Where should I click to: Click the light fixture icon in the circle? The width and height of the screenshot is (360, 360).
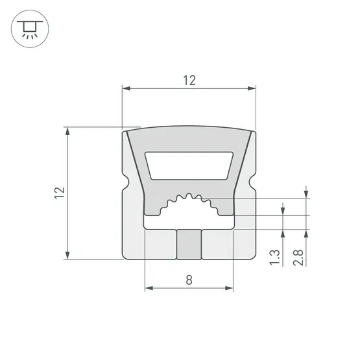pos(29,29)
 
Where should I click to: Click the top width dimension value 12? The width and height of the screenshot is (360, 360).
pos(189,80)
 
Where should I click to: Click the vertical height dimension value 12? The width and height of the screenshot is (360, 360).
pos(60,193)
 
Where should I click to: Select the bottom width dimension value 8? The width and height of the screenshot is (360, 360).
pos(189,280)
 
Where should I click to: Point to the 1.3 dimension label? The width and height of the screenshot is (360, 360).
pos(275,258)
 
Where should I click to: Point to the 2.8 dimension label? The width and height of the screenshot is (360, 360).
pos(298,258)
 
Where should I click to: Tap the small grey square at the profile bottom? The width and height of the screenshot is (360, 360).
pos(189,244)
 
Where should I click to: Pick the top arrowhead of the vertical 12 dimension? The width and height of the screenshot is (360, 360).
pos(67,131)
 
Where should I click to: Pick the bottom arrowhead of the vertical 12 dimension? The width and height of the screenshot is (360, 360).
pos(67,256)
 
